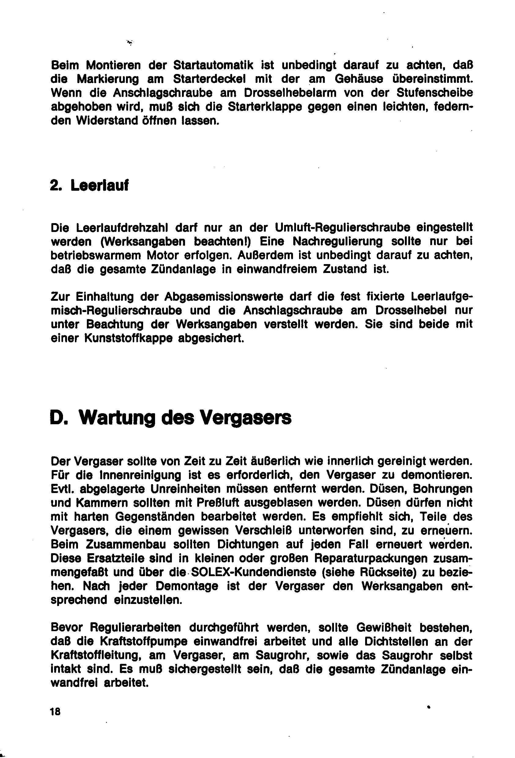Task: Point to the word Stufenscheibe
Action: [x=434, y=93]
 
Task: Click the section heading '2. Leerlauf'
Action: [x=89, y=186]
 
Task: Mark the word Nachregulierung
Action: [x=337, y=241]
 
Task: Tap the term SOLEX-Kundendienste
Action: [x=254, y=572]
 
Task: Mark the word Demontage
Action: [x=187, y=586]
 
